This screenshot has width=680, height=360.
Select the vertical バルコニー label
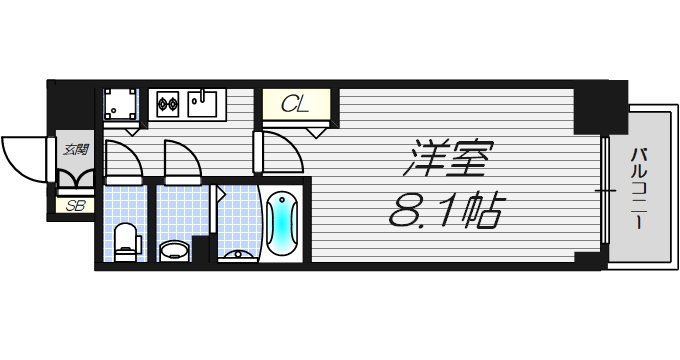pos(637,189)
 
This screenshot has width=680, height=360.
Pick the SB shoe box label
pos(74,207)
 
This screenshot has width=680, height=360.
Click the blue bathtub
pos(283,221)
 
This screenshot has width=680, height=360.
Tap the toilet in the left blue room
pos(125,241)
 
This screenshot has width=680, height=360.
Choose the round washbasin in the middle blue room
pos(174,249)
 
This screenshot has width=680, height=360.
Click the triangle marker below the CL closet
pos(317,131)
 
